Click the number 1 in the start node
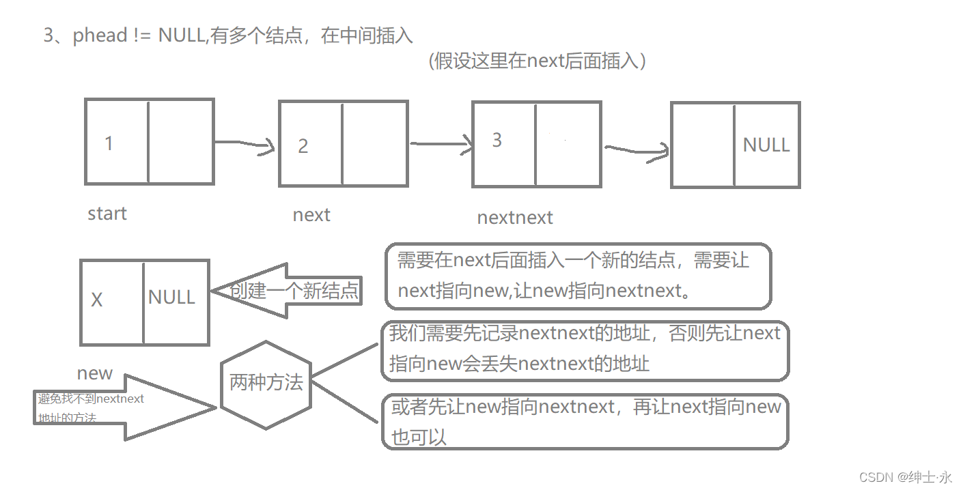[109, 143]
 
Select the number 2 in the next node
[303, 146]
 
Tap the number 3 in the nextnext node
[497, 140]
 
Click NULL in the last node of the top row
[766, 145]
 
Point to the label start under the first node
[107, 214]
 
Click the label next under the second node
[311, 215]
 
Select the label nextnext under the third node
[514, 218]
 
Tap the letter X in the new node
[97, 300]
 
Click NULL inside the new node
[171, 297]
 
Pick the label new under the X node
[95, 373]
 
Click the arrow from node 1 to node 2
[244, 144]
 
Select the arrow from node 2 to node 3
[441, 144]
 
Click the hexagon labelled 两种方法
[266, 383]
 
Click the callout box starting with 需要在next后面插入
[578, 276]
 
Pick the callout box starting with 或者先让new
[585, 421]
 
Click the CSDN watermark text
[905, 477]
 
